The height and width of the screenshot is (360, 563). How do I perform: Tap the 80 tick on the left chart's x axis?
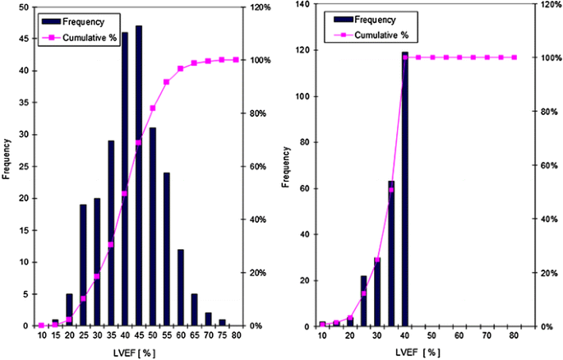(237, 336)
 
